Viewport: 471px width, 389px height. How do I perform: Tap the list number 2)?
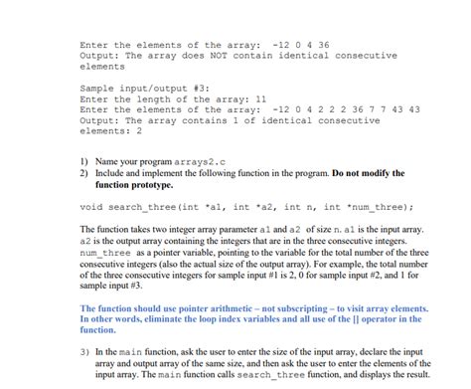(84, 174)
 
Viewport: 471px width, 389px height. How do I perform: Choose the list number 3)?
(84, 351)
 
